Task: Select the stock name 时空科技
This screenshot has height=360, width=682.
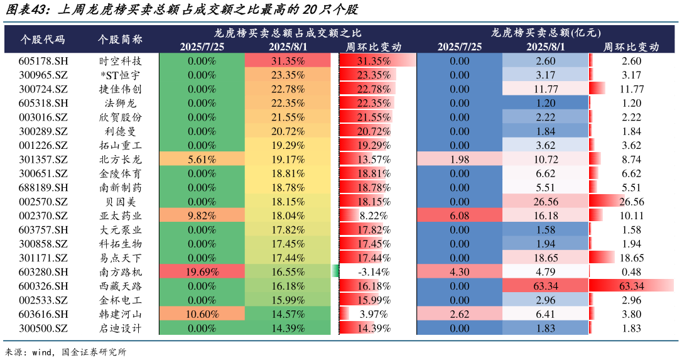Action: coord(121,61)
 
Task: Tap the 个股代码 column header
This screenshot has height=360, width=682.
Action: coord(43,39)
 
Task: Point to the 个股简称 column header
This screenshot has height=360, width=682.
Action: coord(121,39)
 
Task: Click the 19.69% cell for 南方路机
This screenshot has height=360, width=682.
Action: coord(202,272)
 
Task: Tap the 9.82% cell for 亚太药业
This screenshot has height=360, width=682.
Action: coord(202,215)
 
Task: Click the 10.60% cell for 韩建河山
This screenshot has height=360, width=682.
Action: coord(202,314)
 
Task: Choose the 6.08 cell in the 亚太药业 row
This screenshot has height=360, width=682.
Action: coord(459,215)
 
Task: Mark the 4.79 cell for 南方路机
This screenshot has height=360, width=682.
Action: coord(546,272)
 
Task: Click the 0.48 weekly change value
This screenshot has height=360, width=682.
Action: coord(631,272)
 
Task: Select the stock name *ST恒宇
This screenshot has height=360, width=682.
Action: coord(121,75)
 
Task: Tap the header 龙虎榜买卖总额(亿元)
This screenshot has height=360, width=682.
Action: coord(546,32)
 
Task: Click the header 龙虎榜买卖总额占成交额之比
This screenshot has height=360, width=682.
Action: coord(288,32)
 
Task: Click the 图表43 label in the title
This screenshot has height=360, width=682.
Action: coord(24,10)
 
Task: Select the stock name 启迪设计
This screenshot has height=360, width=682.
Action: coord(121,328)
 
